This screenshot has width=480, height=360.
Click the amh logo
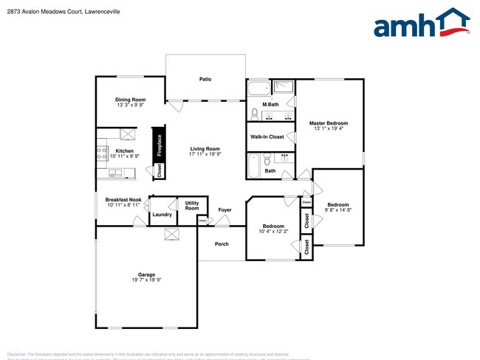click(x=422, y=24)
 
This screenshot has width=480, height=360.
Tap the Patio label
click(x=206, y=78)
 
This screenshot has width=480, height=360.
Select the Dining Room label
click(x=130, y=100)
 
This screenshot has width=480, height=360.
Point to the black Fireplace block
click(x=158, y=143)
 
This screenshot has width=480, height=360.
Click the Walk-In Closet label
click(x=267, y=137)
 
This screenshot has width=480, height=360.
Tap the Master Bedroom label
click(x=329, y=123)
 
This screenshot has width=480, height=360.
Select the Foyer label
click(x=224, y=210)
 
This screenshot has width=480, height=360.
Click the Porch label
click(x=222, y=244)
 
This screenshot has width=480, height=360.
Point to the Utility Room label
click(x=192, y=206)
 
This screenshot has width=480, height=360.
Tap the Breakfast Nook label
click(x=123, y=199)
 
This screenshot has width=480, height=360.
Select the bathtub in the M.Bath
click(x=258, y=91)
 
